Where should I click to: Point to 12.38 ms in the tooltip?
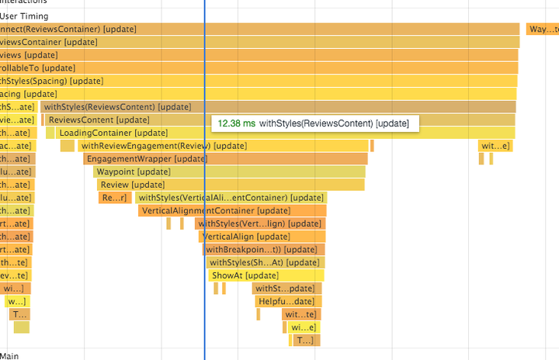coord(236,123)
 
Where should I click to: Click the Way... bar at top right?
coord(542,29)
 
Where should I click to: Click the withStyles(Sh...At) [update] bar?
coord(264,262)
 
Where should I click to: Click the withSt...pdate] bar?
coord(286,289)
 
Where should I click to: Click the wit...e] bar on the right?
coord(495,146)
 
